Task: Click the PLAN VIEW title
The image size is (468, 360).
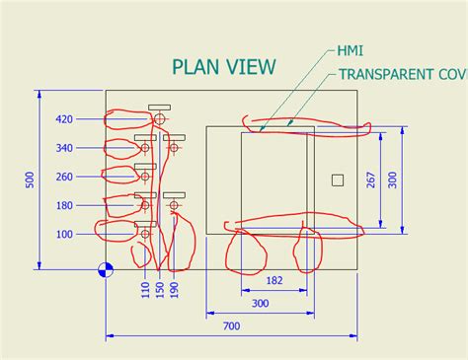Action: click(224, 67)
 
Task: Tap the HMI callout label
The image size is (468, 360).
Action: click(350, 49)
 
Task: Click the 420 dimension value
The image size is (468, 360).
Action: click(64, 119)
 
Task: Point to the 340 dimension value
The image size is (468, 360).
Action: click(64, 148)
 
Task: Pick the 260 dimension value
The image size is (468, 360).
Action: click(64, 177)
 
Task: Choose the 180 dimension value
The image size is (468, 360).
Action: click(64, 205)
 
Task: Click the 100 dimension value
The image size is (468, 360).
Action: click(64, 234)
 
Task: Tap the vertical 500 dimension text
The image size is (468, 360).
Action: click(30, 179)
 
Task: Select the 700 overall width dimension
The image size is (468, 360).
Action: click(231, 326)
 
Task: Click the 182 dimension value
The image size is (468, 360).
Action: click(274, 280)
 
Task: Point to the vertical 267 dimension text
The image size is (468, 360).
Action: click(370, 181)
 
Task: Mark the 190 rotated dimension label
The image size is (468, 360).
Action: click(174, 290)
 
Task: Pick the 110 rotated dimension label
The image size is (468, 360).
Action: click(145, 290)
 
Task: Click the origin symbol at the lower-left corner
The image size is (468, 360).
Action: click(106, 269)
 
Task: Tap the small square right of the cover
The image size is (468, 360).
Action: click(338, 180)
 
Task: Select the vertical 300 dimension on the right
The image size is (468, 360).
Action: click(392, 180)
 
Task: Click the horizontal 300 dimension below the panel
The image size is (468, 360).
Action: click(260, 304)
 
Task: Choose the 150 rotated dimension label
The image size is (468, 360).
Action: click(159, 290)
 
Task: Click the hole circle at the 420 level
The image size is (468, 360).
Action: click(159, 119)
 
